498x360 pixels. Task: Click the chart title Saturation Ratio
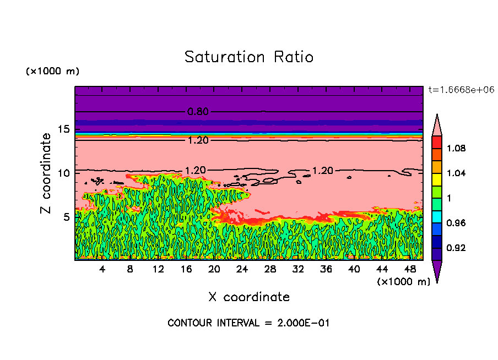249,57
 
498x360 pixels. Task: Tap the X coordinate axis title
249,297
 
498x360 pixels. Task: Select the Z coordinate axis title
46,173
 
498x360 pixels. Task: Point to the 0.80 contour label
198,112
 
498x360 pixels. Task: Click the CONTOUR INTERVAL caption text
248,323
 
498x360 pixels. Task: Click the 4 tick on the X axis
102,269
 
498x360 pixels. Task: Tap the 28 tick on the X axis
270,269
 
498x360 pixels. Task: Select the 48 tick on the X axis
410,269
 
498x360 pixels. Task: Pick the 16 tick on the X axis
186,269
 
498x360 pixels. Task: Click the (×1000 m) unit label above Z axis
53,72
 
